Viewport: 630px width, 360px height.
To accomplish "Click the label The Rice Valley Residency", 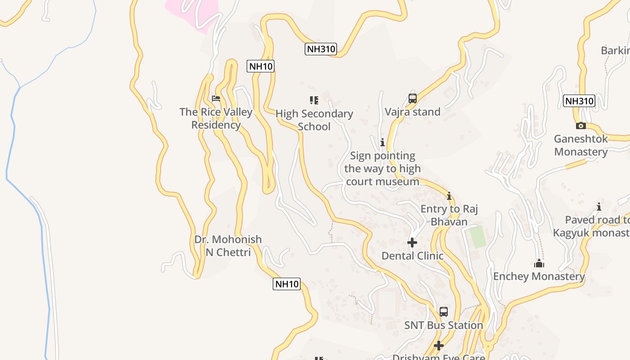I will pyautogui.click(x=216, y=118).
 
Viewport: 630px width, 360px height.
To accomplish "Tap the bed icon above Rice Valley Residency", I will pyautogui.click(x=216, y=99).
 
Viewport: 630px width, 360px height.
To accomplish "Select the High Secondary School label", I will pyautogui.click(x=314, y=120).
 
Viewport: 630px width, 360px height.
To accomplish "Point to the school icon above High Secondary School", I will pyautogui.click(x=314, y=100).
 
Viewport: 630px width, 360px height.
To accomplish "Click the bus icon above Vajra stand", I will pyautogui.click(x=412, y=98).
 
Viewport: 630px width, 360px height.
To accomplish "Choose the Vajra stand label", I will pyautogui.click(x=412, y=112).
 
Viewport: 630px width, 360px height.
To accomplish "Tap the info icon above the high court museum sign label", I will pyautogui.click(x=382, y=143).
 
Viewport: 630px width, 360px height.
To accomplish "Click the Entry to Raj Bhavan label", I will pyautogui.click(x=449, y=215).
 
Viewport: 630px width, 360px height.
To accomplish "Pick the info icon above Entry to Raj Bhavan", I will pyautogui.click(x=449, y=196).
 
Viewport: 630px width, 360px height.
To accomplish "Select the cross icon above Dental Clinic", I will pyautogui.click(x=412, y=243).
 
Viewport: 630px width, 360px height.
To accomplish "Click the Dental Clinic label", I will pyautogui.click(x=412, y=256).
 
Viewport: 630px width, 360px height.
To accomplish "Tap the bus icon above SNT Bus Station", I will pyautogui.click(x=444, y=311).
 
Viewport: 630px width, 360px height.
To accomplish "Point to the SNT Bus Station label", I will pyautogui.click(x=444, y=325).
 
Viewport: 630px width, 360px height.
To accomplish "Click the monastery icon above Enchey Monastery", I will pyautogui.click(x=539, y=263).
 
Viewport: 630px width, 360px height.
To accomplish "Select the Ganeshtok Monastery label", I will pyautogui.click(x=580, y=145).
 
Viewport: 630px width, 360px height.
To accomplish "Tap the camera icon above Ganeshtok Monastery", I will pyautogui.click(x=581, y=126).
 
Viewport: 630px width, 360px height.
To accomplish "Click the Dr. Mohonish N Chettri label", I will pyautogui.click(x=228, y=246).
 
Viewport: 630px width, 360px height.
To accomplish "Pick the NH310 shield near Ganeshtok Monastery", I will pyautogui.click(x=579, y=101).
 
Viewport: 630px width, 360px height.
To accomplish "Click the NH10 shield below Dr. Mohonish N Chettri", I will pyautogui.click(x=286, y=284).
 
